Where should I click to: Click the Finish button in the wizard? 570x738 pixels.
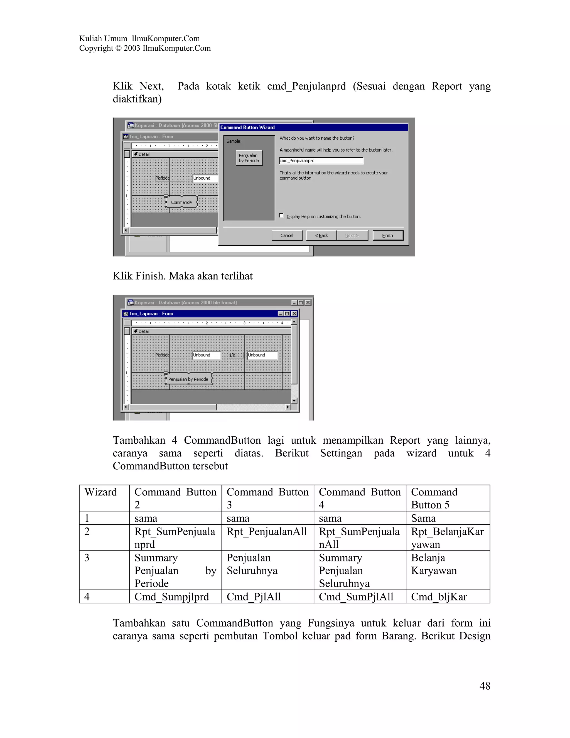(388, 236)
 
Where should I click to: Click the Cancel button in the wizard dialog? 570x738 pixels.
(287, 236)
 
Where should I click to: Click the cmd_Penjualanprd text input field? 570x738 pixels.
(321, 161)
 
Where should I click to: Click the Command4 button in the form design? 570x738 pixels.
(181, 202)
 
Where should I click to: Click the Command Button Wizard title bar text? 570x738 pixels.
(247, 127)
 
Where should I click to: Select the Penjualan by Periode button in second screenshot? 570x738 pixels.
(188, 379)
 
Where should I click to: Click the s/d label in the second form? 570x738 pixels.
(232, 355)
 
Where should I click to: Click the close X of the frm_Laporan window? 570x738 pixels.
(294, 314)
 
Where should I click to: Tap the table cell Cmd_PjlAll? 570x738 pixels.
(254, 597)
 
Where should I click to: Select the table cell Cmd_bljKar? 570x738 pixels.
(439, 597)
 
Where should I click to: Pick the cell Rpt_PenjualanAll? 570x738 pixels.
(267, 532)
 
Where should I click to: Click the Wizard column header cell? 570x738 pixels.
(101, 492)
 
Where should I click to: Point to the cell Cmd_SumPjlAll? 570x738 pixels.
(356, 597)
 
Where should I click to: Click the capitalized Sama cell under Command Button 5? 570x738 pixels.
(423, 518)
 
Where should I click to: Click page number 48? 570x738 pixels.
(485, 686)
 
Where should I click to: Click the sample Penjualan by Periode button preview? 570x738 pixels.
(249, 158)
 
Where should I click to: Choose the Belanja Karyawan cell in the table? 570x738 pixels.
(434, 564)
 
